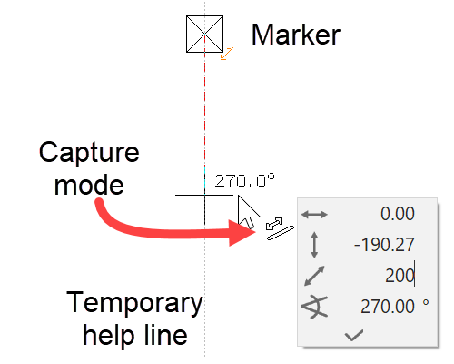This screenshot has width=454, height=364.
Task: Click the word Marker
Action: [x=295, y=35]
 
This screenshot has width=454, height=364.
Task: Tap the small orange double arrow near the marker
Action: [x=228, y=54]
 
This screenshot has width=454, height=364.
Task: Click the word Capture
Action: [x=89, y=152]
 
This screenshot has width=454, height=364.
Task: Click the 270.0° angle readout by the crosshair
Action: [x=244, y=180]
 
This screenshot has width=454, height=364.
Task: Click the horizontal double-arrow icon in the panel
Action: [x=314, y=214]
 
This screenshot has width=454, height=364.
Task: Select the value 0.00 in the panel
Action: [x=397, y=214]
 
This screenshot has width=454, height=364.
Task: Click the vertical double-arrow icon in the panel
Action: [x=314, y=244]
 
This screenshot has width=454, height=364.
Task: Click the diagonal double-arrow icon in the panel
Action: [x=314, y=275]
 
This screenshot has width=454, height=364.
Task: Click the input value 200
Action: [x=400, y=275]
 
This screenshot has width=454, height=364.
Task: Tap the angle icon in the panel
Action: [x=314, y=307]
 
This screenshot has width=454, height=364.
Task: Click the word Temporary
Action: [x=134, y=302]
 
